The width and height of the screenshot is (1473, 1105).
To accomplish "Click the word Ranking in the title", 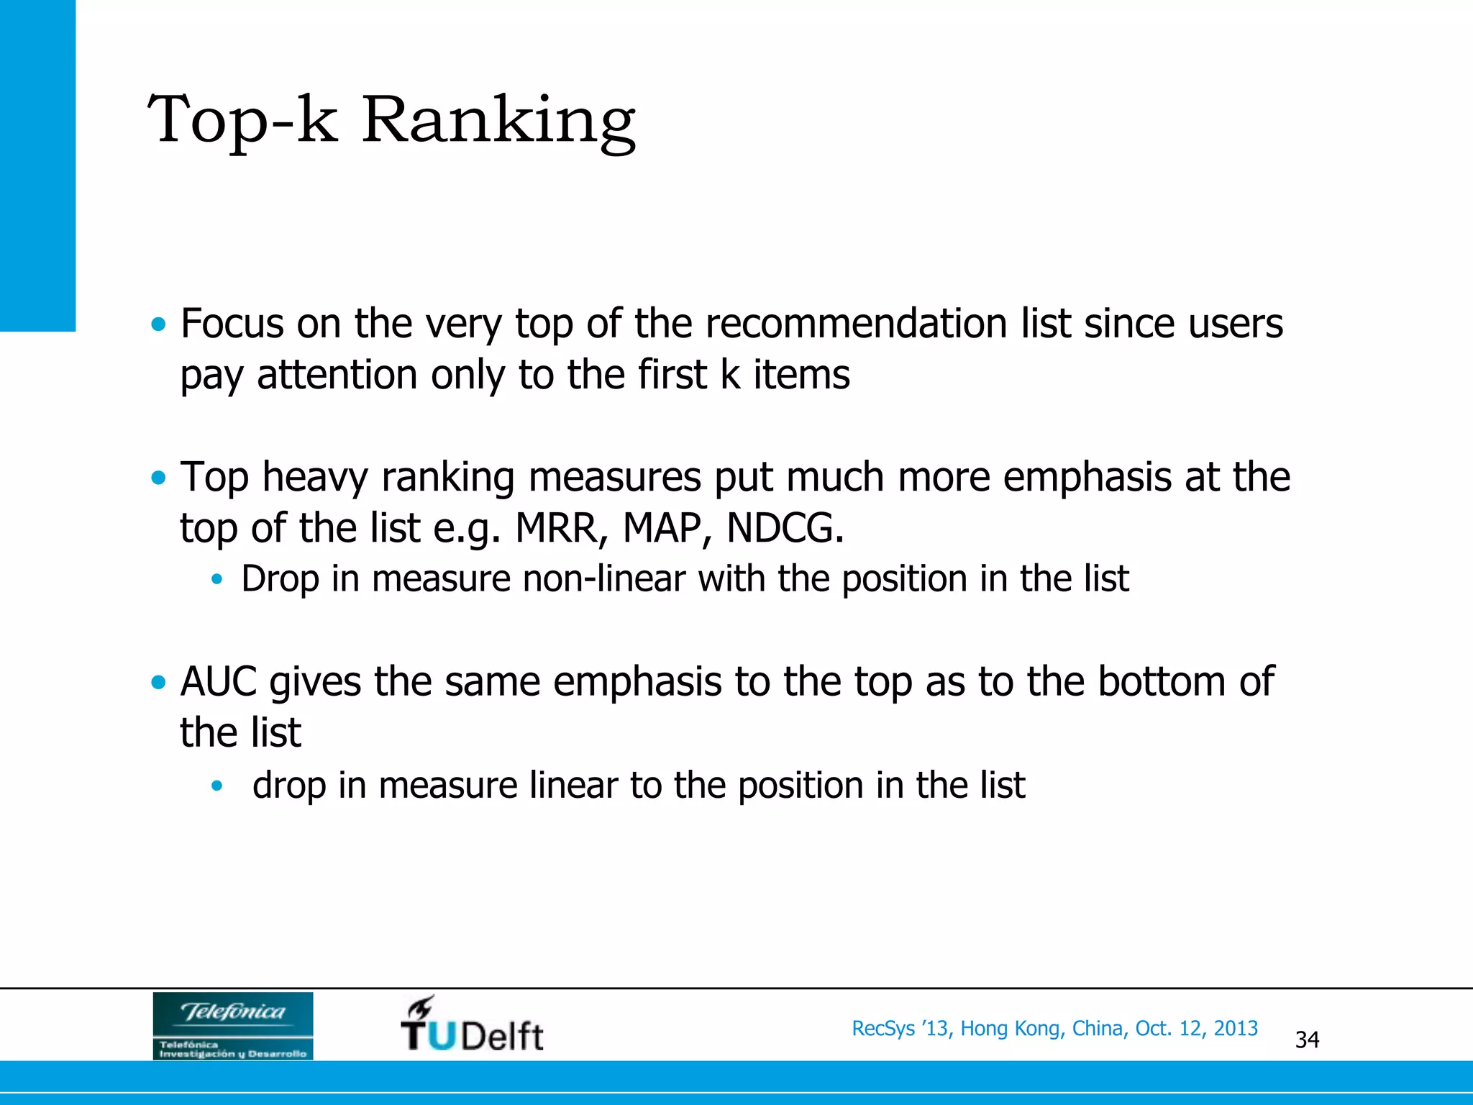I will click(498, 120).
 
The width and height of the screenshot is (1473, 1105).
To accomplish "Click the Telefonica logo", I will click(233, 1026).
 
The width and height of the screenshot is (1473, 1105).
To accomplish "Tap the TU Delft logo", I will click(472, 1024).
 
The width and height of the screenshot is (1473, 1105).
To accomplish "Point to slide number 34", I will click(1307, 1040).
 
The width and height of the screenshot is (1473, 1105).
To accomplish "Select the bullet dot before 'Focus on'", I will click(158, 324).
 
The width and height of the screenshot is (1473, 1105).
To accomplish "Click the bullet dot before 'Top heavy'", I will click(158, 478).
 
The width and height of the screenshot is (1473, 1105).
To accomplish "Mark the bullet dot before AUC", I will click(158, 682).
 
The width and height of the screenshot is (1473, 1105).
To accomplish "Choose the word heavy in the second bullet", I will click(314, 477).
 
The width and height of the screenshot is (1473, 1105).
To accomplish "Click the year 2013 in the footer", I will click(1236, 1028).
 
